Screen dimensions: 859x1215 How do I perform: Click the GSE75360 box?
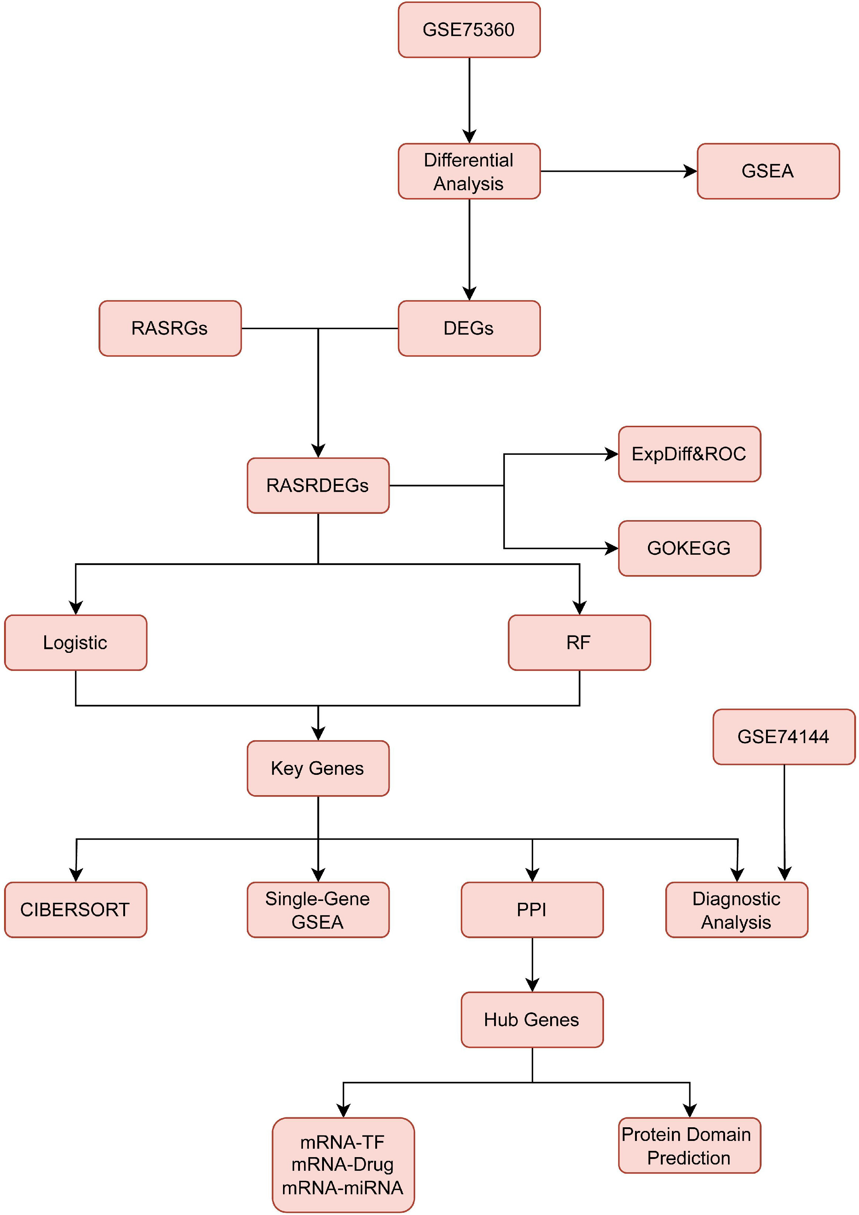click(469, 29)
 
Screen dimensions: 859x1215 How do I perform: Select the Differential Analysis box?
click(469, 171)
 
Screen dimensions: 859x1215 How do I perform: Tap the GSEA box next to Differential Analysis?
click(768, 171)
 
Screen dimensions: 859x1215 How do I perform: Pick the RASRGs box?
click(170, 328)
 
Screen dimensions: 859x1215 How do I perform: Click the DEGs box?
click(469, 328)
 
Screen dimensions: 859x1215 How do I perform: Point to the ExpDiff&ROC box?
click(690, 454)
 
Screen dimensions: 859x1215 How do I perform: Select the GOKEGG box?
click(690, 548)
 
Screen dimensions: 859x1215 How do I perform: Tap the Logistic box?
click(76, 643)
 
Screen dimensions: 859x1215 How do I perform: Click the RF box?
click(579, 643)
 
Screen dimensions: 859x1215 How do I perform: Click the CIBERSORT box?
click(76, 910)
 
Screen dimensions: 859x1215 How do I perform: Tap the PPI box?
click(532, 910)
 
